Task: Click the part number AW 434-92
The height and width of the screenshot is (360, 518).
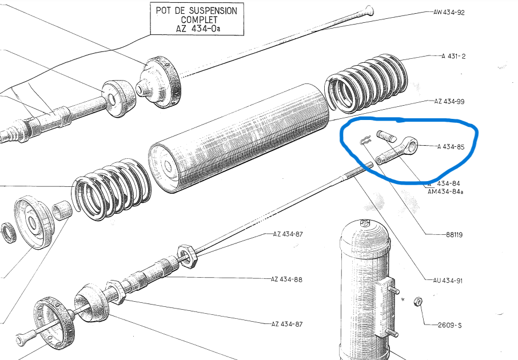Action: tap(449, 13)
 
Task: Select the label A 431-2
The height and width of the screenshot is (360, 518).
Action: tap(453, 56)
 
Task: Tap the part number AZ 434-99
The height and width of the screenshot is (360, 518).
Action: tap(449, 101)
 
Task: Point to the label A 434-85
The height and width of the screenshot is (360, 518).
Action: tap(451, 147)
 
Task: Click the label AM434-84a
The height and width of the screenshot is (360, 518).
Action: tap(445, 191)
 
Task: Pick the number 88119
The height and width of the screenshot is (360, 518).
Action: tap(454, 235)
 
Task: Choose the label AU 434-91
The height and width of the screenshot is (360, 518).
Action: tap(448, 281)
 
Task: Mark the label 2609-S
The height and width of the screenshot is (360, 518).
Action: tap(449, 325)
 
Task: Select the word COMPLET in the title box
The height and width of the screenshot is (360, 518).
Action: tap(199, 20)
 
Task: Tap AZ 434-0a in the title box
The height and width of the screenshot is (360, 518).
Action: tap(198, 29)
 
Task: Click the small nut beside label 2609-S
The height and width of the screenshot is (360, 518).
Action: tap(417, 301)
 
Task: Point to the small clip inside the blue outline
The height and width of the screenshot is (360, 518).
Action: tap(364, 141)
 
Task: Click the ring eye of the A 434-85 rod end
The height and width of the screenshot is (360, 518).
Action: tap(411, 145)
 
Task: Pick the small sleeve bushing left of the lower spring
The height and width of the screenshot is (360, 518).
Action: tap(62, 210)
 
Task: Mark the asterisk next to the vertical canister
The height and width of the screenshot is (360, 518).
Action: tap(403, 300)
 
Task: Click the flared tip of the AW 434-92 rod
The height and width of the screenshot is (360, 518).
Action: tap(370, 10)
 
